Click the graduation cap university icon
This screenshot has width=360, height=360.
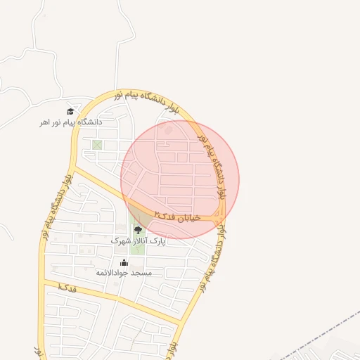[70, 111]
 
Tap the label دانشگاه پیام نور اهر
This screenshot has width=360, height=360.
[70, 122]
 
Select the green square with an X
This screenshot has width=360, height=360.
[97, 145]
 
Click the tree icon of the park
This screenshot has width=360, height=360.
[137, 229]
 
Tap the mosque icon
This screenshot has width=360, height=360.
[124, 262]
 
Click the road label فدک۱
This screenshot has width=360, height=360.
[67, 288]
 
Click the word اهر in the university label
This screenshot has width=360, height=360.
[46, 122]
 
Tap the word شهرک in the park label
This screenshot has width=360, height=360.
[122, 240]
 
